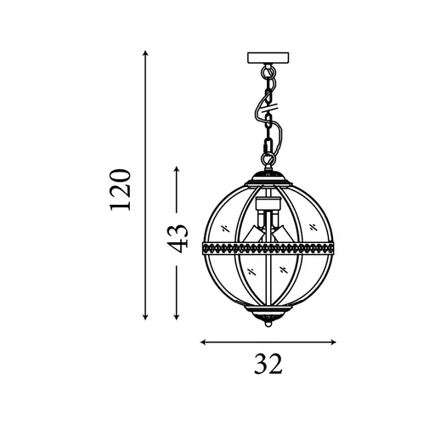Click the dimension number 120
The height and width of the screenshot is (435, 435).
click(121, 189)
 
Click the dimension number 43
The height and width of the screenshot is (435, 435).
click(176, 238)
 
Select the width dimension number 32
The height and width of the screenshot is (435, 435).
click(268, 366)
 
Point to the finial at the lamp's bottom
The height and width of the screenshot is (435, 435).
click(268, 324)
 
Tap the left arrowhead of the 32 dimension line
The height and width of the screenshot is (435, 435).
click(203, 342)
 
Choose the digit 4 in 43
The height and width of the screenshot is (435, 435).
click(176, 247)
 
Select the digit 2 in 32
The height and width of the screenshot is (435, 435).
click(275, 366)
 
